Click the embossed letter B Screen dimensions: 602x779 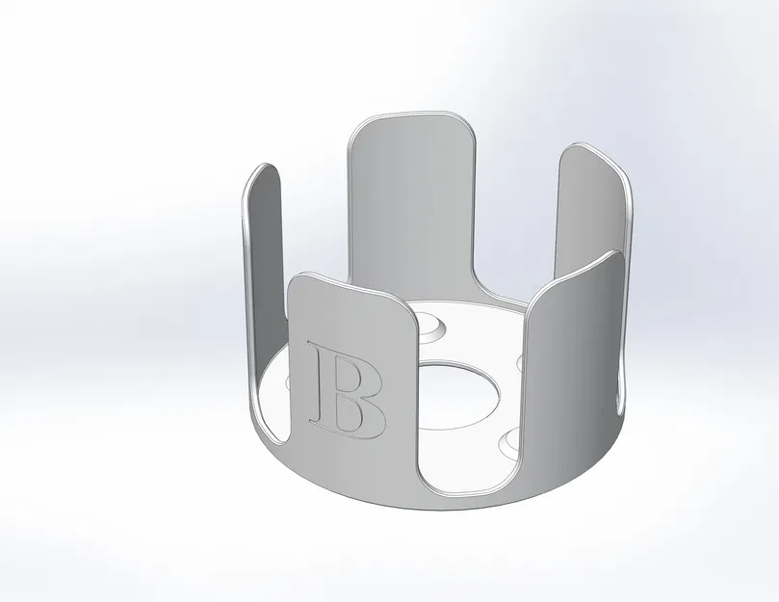[346, 391]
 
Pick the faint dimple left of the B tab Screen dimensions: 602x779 [290, 382]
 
